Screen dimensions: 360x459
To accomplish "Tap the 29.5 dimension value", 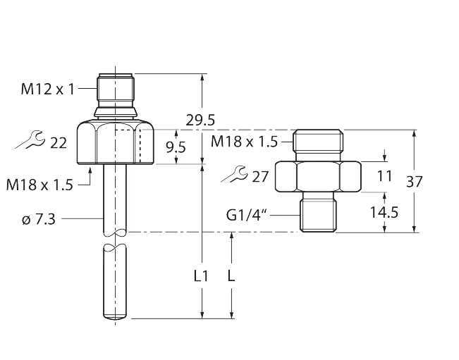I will click(x=200, y=120).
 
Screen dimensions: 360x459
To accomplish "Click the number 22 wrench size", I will click(x=59, y=143).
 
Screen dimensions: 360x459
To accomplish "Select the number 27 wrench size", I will click(x=261, y=176).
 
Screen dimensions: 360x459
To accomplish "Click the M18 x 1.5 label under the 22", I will click(x=39, y=185).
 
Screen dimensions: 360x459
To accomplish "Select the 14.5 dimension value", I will click(x=384, y=211).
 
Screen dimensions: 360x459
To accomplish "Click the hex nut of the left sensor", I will click(x=117, y=142).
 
